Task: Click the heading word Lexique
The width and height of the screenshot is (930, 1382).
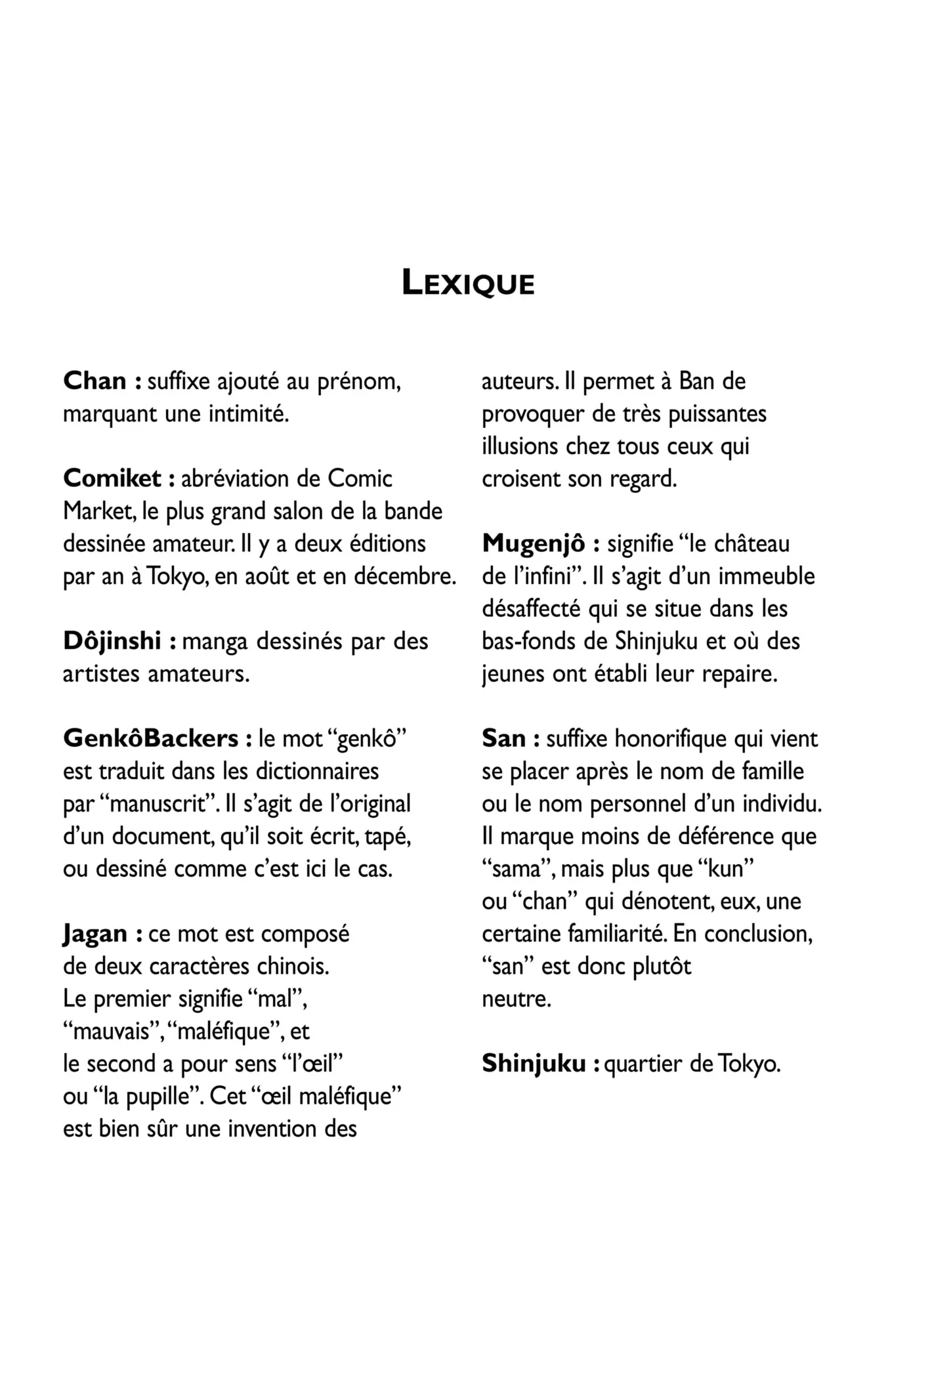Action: (x=468, y=283)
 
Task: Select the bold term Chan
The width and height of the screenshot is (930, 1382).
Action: (x=95, y=381)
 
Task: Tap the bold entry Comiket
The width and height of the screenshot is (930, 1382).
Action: (x=112, y=478)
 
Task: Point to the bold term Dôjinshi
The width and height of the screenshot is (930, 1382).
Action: (x=112, y=641)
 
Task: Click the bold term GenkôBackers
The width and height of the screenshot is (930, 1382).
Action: (x=150, y=739)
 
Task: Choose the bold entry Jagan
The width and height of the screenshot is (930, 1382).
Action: (x=95, y=934)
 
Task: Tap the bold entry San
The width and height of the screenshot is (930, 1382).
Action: (x=503, y=739)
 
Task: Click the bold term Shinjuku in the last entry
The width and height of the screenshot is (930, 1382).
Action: (x=534, y=1064)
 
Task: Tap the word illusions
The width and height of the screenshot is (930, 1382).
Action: (x=519, y=446)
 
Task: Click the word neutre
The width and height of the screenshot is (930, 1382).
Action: (x=516, y=999)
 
